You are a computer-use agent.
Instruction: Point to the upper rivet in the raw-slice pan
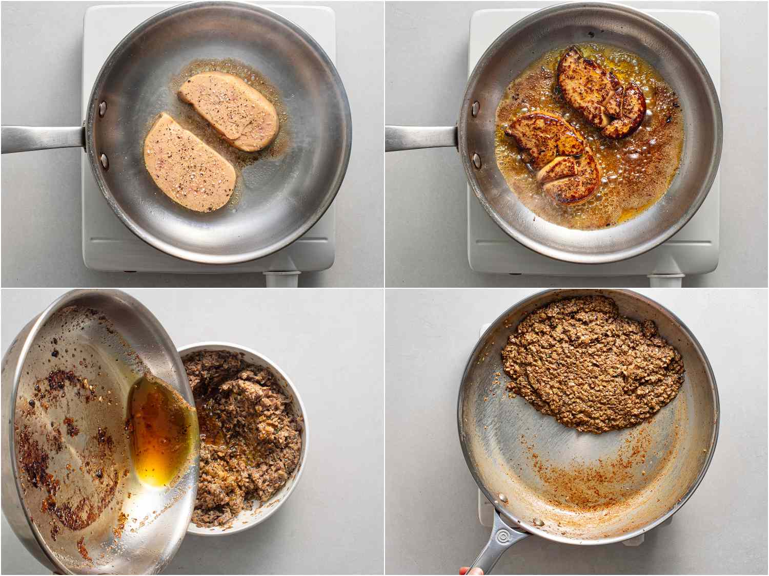(103, 109)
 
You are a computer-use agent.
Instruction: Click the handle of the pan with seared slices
(420, 138)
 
